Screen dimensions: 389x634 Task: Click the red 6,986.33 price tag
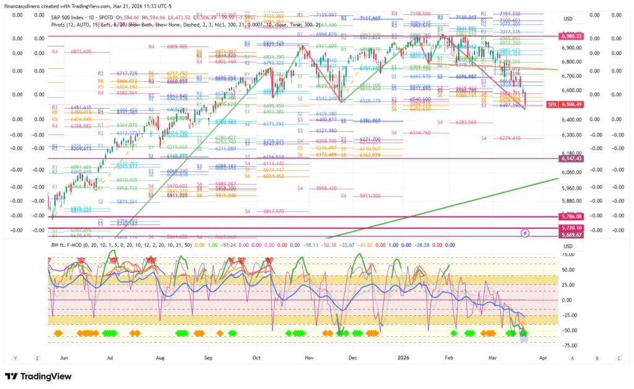click(x=571, y=36)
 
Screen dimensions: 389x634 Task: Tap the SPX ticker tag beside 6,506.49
click(x=552, y=105)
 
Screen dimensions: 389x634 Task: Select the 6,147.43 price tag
click(x=571, y=159)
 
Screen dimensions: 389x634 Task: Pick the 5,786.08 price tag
click(x=571, y=217)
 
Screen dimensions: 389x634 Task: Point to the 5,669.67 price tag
click(x=571, y=235)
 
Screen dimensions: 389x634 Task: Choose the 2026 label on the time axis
click(x=404, y=357)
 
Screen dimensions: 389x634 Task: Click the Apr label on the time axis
click(x=543, y=357)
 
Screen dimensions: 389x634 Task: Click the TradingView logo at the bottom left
click(x=38, y=376)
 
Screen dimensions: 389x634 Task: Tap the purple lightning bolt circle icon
click(x=525, y=233)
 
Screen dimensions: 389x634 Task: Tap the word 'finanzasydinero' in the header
click(x=24, y=6)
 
